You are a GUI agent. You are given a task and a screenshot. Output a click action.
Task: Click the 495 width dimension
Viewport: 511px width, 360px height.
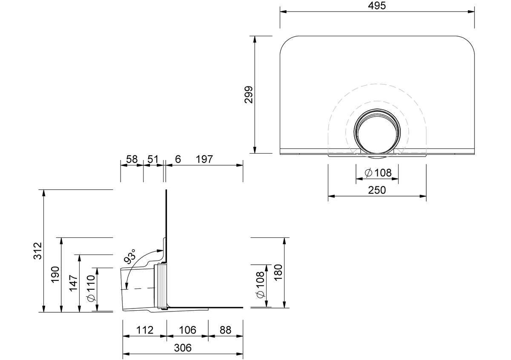tap(377, 6)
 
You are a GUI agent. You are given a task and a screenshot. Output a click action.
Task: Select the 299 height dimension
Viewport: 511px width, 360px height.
tap(249, 94)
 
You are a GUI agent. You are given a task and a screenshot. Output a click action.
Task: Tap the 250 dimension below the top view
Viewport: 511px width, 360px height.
tap(377, 190)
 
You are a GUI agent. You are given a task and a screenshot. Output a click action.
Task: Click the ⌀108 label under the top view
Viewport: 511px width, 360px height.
tap(378, 173)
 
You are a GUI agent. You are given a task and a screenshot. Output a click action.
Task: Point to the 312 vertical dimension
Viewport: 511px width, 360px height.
tap(38, 251)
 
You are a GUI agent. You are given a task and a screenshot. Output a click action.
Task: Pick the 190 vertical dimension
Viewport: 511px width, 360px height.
tap(55, 275)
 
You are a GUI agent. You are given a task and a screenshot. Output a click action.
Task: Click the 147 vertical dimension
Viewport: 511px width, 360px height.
tap(73, 283)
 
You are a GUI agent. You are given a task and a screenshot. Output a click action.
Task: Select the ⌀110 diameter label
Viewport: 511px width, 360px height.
tap(91, 288)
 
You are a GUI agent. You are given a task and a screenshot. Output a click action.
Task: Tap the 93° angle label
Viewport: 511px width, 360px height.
tap(130, 256)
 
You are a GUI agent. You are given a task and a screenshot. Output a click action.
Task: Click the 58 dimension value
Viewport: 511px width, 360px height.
tap(132, 160)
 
